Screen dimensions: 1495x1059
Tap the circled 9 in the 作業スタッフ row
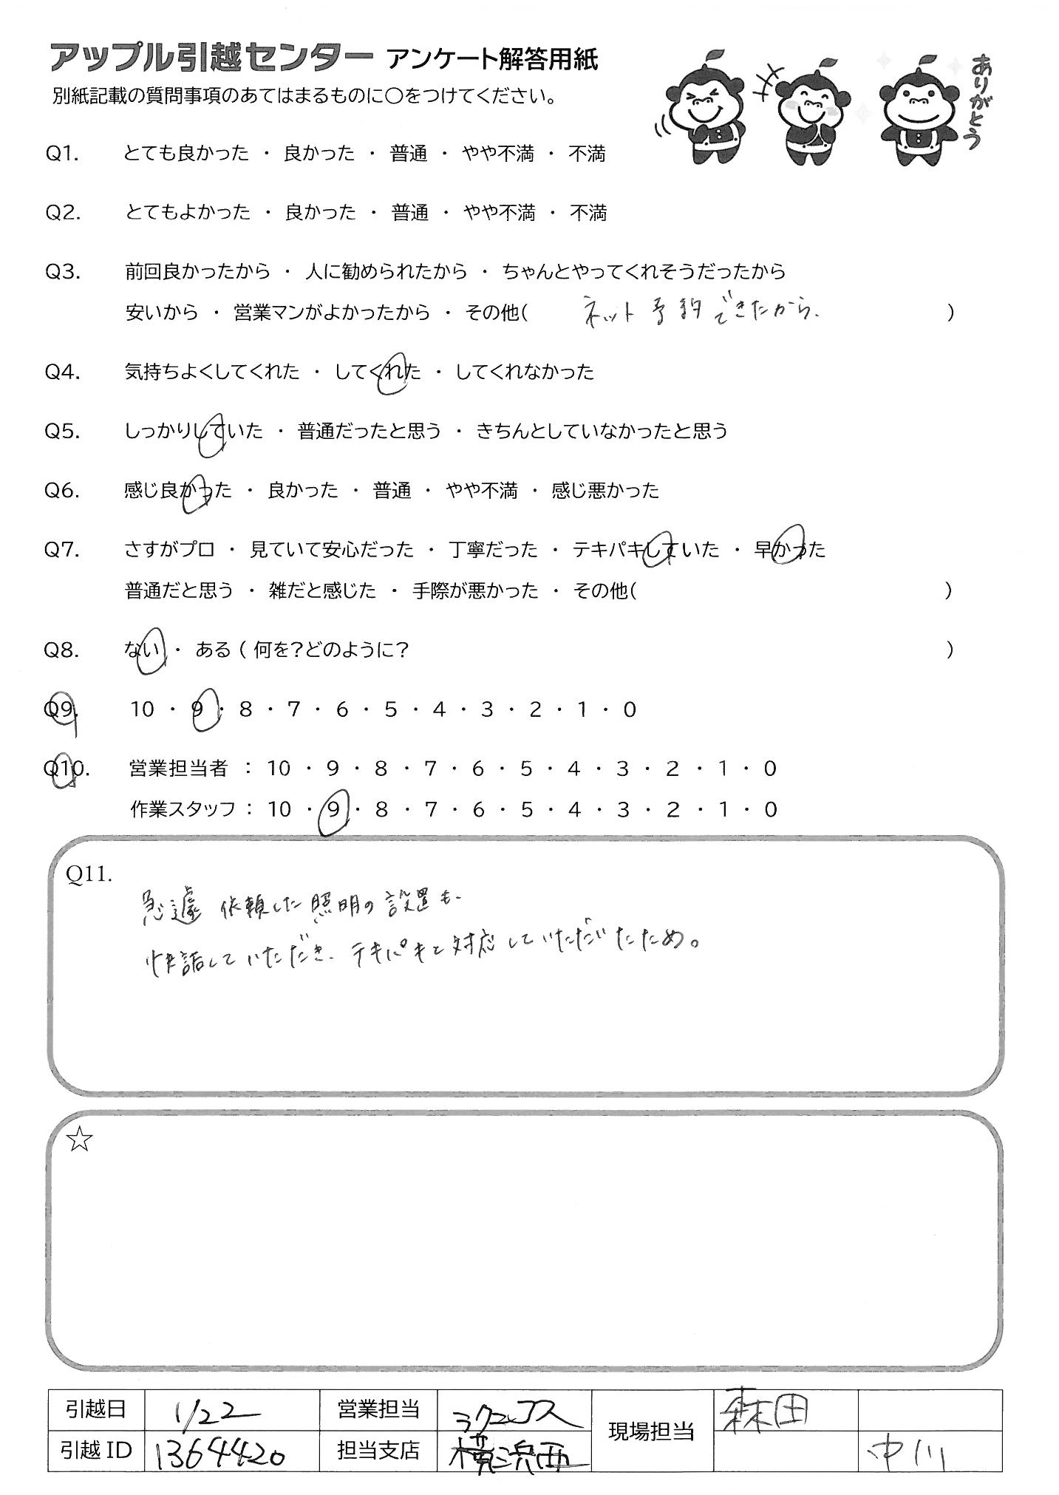pyautogui.click(x=333, y=810)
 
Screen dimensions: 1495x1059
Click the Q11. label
pyautogui.click(x=89, y=874)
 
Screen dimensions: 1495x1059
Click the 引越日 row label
pyautogui.click(x=97, y=1410)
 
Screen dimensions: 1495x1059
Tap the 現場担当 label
pyautogui.click(x=650, y=1431)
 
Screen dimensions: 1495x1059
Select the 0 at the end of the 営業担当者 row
pyautogui.click(x=770, y=769)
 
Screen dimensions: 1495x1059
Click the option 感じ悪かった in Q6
pyautogui.click(x=605, y=490)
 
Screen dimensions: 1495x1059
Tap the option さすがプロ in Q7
pyautogui.click(x=170, y=550)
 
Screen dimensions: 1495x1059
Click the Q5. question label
pyautogui.click(x=62, y=431)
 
